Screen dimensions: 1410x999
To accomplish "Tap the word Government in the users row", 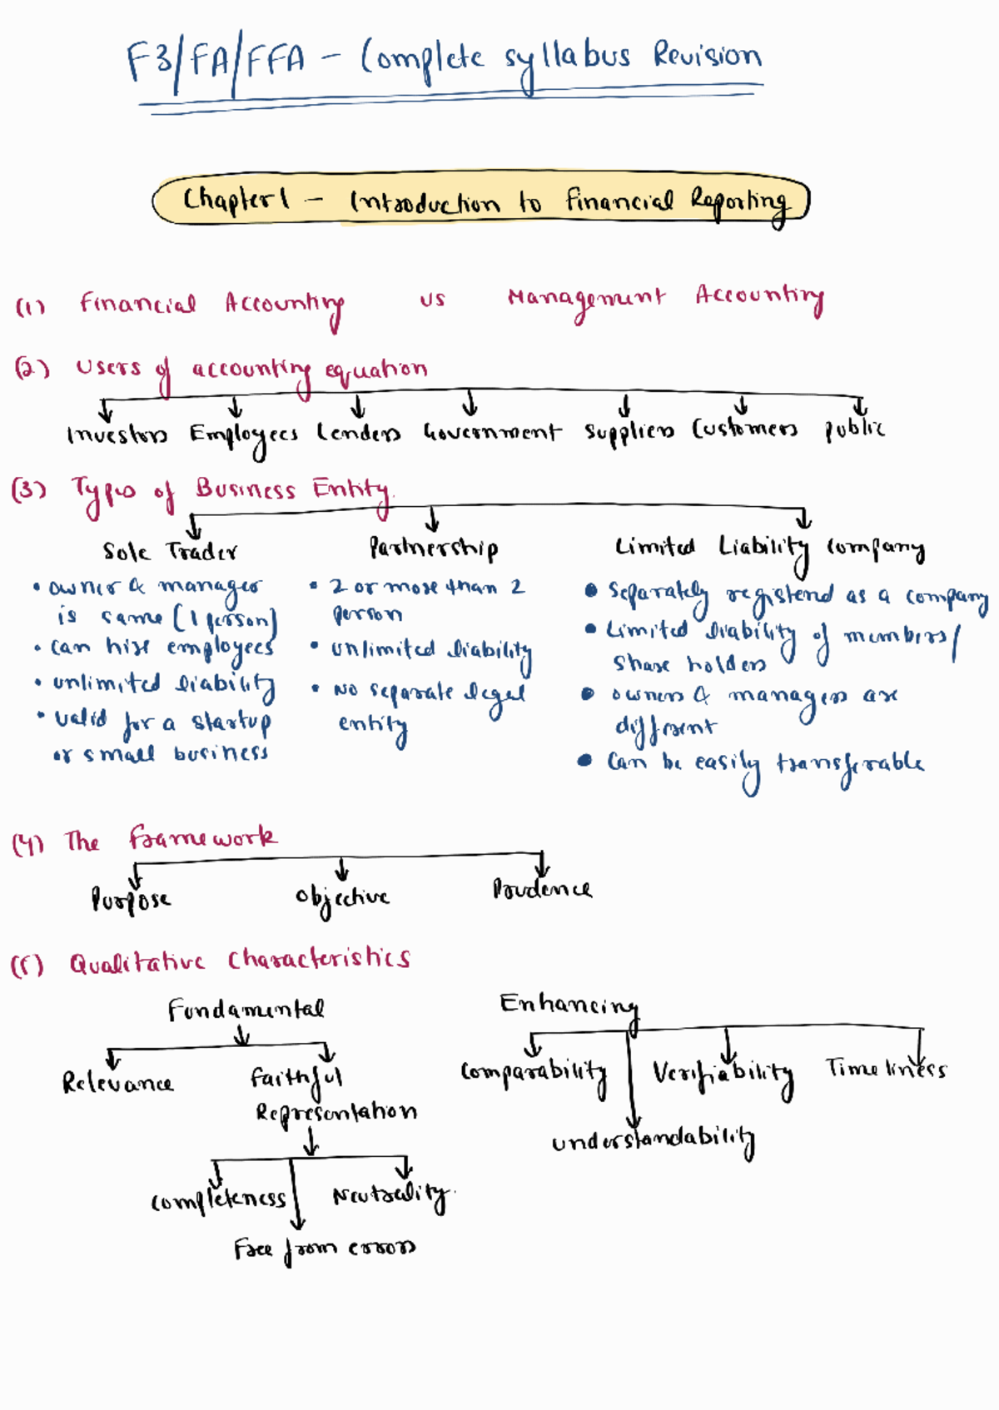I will (492, 433).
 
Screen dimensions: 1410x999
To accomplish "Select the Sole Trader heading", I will (170, 552).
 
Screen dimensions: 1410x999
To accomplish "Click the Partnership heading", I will (434, 549).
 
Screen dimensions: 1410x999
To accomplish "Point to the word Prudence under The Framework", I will (542, 890).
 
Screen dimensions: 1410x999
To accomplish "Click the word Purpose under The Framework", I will (131, 900).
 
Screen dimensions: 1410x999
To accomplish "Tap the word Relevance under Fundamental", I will (117, 1083).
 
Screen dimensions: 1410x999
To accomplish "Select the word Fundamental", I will (246, 1010).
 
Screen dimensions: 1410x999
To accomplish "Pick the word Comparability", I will (534, 1072).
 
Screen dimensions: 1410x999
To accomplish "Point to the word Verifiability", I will (723, 1074).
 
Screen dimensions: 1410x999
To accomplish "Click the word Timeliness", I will (886, 1069).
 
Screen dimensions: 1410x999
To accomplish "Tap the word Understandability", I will (653, 1142).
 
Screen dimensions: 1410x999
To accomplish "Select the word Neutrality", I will (390, 1196).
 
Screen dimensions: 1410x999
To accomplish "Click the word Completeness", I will (218, 1199).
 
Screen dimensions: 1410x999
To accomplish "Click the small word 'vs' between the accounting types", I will (432, 300).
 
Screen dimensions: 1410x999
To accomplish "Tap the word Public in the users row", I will (854, 429).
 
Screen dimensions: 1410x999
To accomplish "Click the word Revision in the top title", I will (707, 56).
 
